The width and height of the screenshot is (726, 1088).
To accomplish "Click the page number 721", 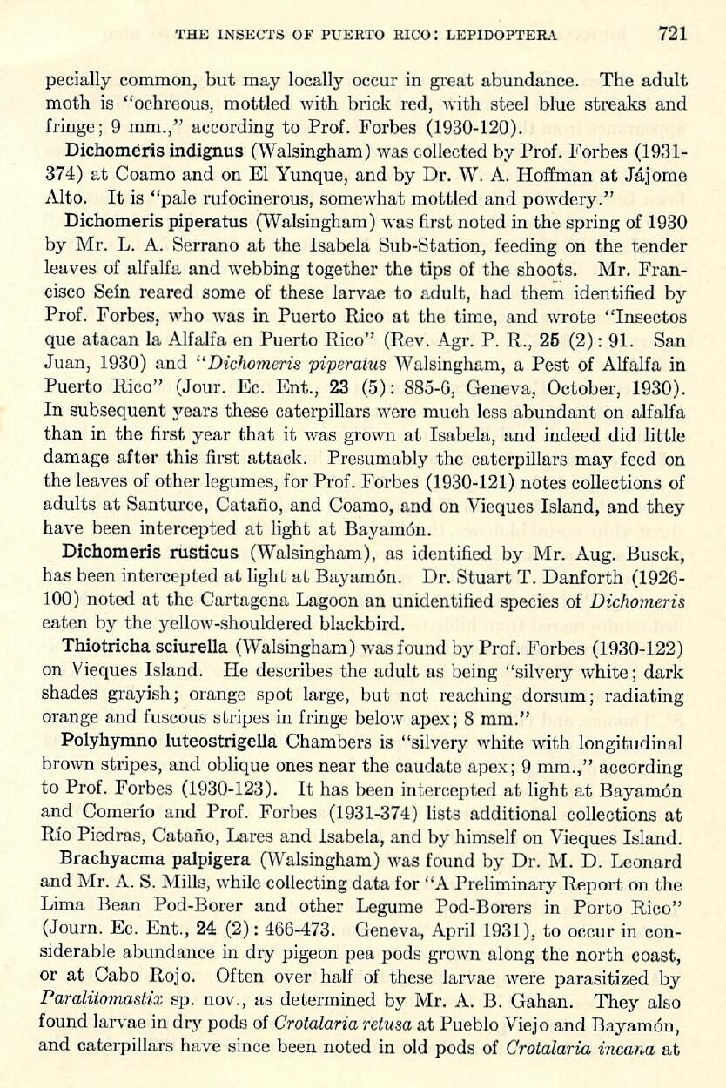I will pyautogui.click(x=672, y=34).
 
